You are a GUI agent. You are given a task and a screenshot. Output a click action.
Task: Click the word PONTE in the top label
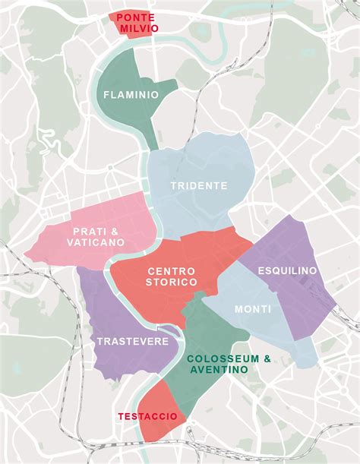tap(137, 16)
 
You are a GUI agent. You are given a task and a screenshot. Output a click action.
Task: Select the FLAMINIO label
tap(131, 95)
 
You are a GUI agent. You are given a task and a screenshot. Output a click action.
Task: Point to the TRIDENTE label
tap(199, 185)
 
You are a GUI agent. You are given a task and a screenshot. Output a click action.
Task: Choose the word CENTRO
tap(171, 270)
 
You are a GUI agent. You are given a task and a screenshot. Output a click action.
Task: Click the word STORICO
tap(171, 282)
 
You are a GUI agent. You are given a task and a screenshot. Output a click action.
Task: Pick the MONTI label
tap(253, 309)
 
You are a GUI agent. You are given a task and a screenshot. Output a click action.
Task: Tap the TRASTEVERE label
tap(132, 342)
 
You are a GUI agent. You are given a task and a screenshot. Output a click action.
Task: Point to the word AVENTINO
tap(219, 369)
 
